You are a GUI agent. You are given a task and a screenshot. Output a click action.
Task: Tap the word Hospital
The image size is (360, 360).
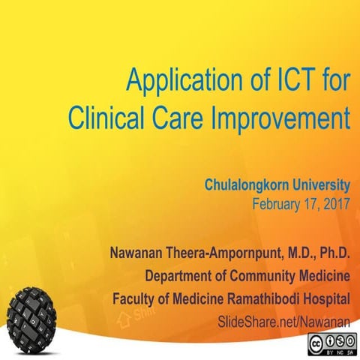coord(326,298)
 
